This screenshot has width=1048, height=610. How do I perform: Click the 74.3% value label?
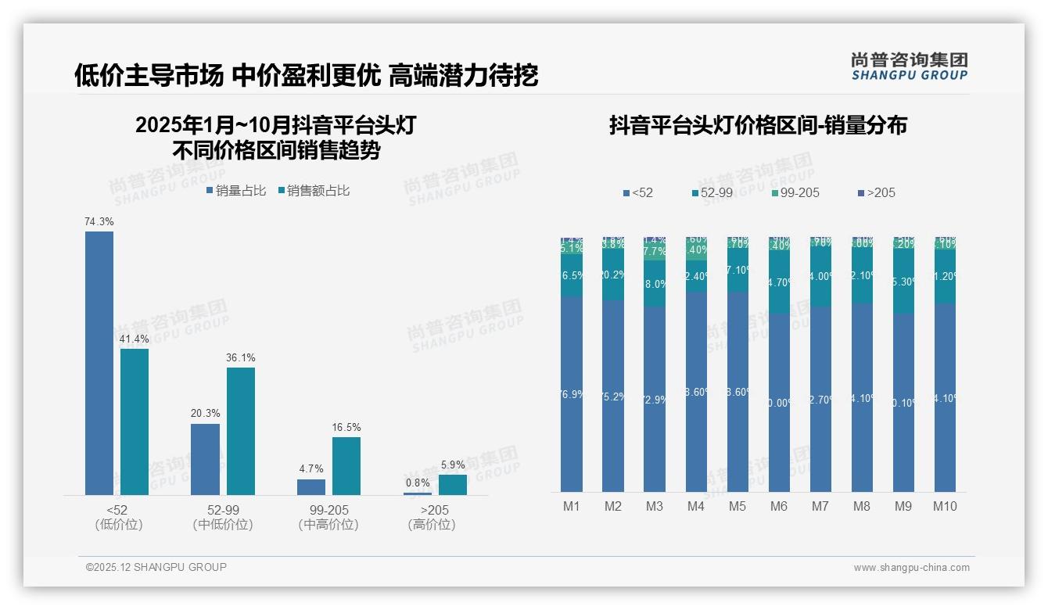(x=99, y=222)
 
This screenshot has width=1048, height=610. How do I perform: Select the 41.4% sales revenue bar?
(x=135, y=422)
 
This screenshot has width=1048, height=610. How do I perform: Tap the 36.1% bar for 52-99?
(x=241, y=431)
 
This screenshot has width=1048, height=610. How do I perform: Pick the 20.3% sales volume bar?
(x=205, y=459)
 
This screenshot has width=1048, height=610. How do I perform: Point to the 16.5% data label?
(x=346, y=428)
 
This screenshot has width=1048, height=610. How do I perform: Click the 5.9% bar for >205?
(x=452, y=485)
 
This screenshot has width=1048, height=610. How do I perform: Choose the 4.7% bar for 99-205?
(x=311, y=487)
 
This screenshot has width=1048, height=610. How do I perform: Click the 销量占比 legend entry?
(x=236, y=191)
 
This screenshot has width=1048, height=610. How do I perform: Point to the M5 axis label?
(x=738, y=507)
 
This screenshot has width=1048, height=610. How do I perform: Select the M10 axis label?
(x=945, y=507)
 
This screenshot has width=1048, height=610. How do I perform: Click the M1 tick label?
(x=572, y=507)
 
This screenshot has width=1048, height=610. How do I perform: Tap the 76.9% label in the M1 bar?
(x=572, y=394)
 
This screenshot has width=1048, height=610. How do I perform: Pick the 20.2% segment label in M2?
(x=613, y=274)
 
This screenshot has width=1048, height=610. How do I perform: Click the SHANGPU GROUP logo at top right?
(x=909, y=66)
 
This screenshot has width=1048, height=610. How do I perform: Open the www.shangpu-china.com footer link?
(x=911, y=568)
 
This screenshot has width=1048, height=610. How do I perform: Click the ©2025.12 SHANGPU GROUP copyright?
(x=156, y=567)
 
